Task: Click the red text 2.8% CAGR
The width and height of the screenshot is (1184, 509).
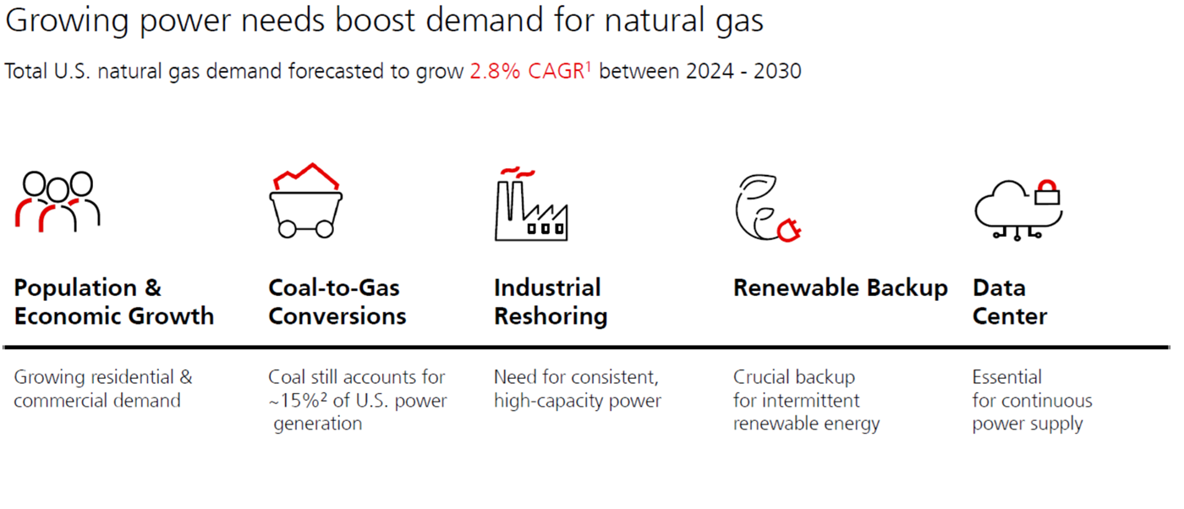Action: pos(526,71)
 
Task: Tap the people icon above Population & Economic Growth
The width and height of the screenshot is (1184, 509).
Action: pos(58,201)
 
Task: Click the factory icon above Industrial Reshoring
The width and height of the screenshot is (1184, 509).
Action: pos(530,204)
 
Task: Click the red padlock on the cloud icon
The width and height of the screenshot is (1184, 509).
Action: pos(1047,193)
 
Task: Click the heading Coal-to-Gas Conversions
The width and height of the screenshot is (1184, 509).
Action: pos(337,302)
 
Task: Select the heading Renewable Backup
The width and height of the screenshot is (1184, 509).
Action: pos(840,287)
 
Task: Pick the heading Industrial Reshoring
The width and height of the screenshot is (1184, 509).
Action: pos(550,302)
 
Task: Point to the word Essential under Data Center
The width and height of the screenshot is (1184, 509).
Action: pos(1006,377)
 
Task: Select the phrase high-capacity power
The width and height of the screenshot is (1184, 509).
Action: pos(577,401)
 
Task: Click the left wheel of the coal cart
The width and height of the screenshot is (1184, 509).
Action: pos(288,228)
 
